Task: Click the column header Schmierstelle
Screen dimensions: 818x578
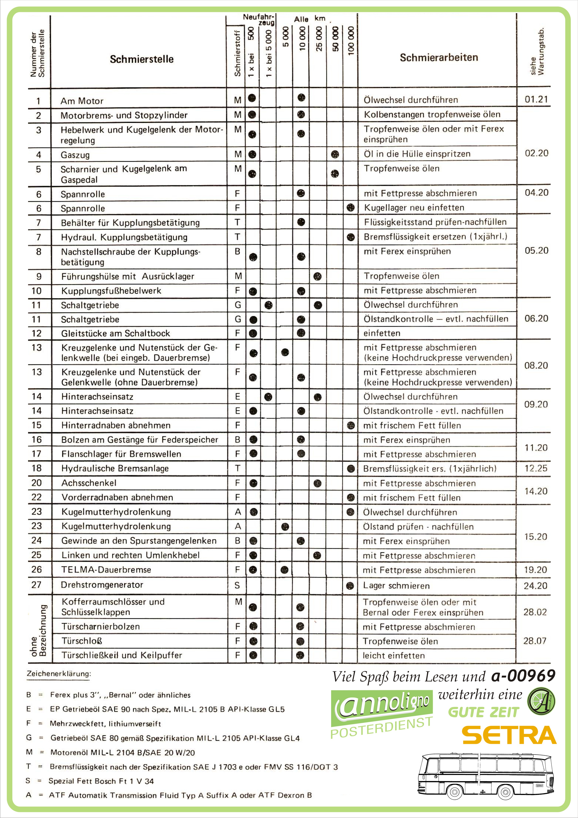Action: tap(142, 59)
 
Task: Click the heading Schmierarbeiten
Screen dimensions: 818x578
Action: tap(439, 57)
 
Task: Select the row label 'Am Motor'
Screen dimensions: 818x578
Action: tap(82, 101)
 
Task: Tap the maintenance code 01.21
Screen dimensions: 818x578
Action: tap(536, 99)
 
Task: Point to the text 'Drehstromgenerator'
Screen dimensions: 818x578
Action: tap(102, 585)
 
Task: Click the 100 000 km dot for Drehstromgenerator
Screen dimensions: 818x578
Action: tap(350, 585)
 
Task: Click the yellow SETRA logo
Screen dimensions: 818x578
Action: tap(509, 735)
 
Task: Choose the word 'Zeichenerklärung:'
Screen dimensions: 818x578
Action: tap(59, 674)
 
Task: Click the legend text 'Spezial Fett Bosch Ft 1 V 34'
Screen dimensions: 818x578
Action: tap(101, 781)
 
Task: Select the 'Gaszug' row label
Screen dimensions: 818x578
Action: tap(75, 155)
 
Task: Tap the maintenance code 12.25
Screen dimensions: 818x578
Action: tap(535, 468)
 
